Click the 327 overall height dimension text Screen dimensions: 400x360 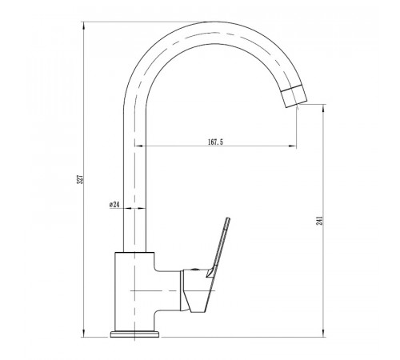[x=80, y=179]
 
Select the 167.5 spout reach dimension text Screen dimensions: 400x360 [x=215, y=142]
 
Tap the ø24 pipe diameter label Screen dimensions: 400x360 [x=114, y=205]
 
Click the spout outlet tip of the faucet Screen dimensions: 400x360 [x=297, y=104]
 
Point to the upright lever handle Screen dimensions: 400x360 [x=218, y=247]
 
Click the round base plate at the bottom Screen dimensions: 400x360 [x=135, y=334]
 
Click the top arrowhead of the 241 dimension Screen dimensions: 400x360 [x=324, y=108]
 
